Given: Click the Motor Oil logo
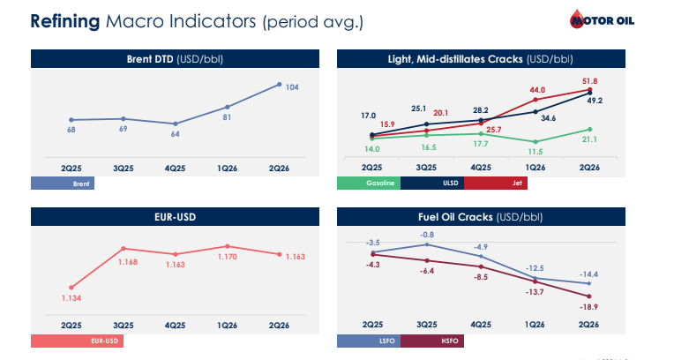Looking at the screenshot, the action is click(x=602, y=19).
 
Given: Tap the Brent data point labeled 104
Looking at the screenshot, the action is click(x=280, y=85).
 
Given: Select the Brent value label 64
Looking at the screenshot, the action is click(x=175, y=134).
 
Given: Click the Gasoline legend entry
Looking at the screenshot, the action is click(x=369, y=184).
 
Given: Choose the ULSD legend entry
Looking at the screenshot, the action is click(x=432, y=184).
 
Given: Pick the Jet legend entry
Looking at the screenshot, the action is click(x=496, y=184).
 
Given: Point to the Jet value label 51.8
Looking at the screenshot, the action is click(x=589, y=81).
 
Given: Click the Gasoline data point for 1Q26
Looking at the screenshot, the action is click(x=535, y=142).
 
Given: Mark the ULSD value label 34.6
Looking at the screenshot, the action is click(x=548, y=118).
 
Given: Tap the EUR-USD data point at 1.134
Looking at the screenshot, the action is click(x=71, y=288).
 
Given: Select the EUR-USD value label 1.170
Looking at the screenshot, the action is click(x=228, y=257).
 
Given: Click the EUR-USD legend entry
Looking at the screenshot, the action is click(x=77, y=341).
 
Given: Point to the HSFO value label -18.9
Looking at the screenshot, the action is click(x=588, y=307).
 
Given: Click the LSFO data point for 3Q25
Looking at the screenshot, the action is click(x=427, y=244).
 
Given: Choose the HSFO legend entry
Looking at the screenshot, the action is click(x=432, y=341).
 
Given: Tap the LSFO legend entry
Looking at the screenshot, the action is click(x=369, y=341).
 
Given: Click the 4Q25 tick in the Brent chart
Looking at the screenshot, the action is click(x=175, y=169).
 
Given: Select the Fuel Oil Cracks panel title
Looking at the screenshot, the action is click(x=481, y=217).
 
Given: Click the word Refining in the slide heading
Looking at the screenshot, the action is click(x=65, y=21).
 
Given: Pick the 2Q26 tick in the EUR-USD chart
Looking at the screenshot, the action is click(x=279, y=326).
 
